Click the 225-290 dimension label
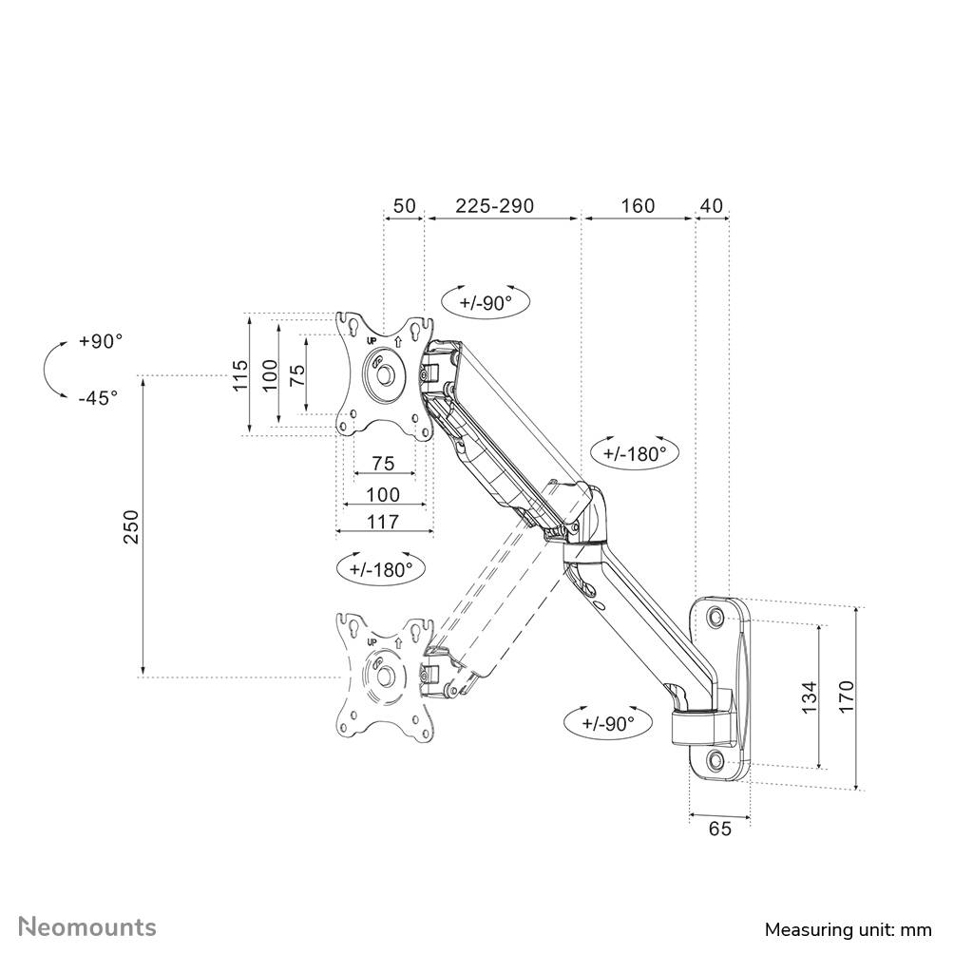click(494, 206)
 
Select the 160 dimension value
click(638, 206)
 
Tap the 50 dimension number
click(404, 206)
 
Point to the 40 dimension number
click(712, 206)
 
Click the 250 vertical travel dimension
click(131, 526)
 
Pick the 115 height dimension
click(240, 374)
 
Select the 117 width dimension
click(383, 521)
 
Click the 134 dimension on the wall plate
click(809, 696)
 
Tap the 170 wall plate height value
click(847, 696)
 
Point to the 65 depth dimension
click(719, 829)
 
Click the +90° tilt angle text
click(101, 341)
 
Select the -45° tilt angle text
click(99, 397)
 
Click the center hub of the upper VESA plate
click(384, 372)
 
